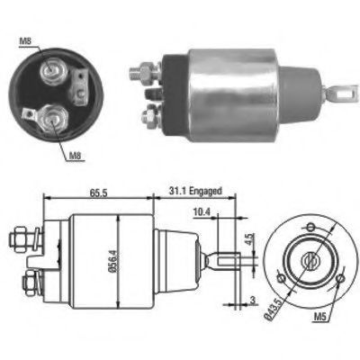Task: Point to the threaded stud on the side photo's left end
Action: [x=141, y=69]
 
